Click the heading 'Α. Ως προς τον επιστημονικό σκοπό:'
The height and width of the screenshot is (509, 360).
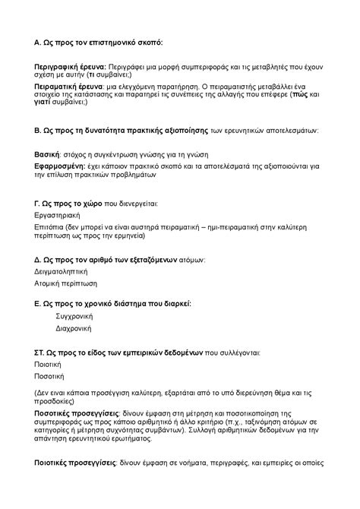click(x=99, y=42)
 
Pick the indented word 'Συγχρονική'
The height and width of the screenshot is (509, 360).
click(x=74, y=315)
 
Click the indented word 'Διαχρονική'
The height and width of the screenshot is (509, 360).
click(x=74, y=328)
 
